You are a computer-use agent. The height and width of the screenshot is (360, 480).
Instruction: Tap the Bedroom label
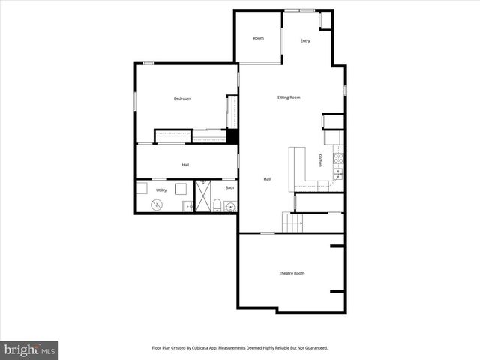click(182, 98)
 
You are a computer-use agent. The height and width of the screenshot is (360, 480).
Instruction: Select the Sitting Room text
click(289, 97)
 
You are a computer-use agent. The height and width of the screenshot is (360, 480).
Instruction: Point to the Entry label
click(305, 41)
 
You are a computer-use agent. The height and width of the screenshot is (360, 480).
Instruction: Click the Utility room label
click(161, 190)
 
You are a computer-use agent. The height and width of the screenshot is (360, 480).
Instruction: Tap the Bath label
click(229, 187)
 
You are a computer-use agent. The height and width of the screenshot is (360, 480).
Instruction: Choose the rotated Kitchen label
click(320, 160)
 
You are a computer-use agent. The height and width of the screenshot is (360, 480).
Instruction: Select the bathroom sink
click(230, 207)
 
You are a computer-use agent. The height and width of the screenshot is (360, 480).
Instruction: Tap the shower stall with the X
click(202, 196)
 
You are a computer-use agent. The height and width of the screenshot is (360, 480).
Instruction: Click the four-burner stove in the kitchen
click(338, 158)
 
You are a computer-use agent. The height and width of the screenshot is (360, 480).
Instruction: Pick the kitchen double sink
click(337, 173)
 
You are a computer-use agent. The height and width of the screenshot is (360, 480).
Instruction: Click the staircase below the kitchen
click(292, 223)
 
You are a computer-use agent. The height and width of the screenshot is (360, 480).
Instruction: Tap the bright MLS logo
click(29, 349)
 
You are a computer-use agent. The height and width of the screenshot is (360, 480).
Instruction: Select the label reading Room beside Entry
click(258, 38)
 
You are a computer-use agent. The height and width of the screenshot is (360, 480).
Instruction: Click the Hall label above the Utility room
click(185, 165)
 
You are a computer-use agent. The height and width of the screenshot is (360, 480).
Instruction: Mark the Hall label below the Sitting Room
click(267, 179)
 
